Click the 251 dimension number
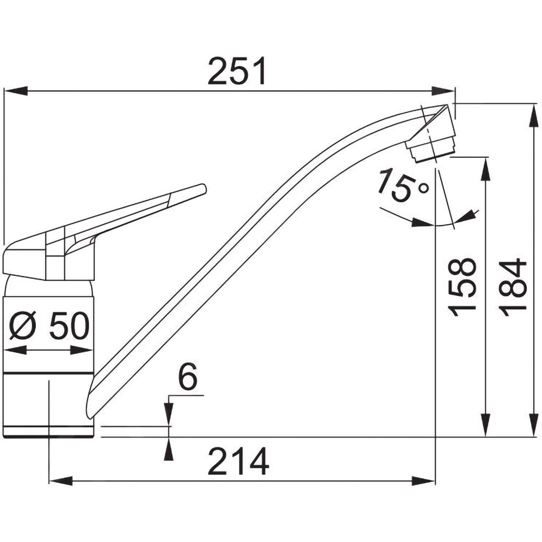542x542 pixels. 237,71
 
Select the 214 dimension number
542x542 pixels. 238,461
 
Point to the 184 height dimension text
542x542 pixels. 513,287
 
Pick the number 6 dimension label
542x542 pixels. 188,376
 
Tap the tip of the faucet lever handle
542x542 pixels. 204,189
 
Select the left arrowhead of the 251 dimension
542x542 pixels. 16,91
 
